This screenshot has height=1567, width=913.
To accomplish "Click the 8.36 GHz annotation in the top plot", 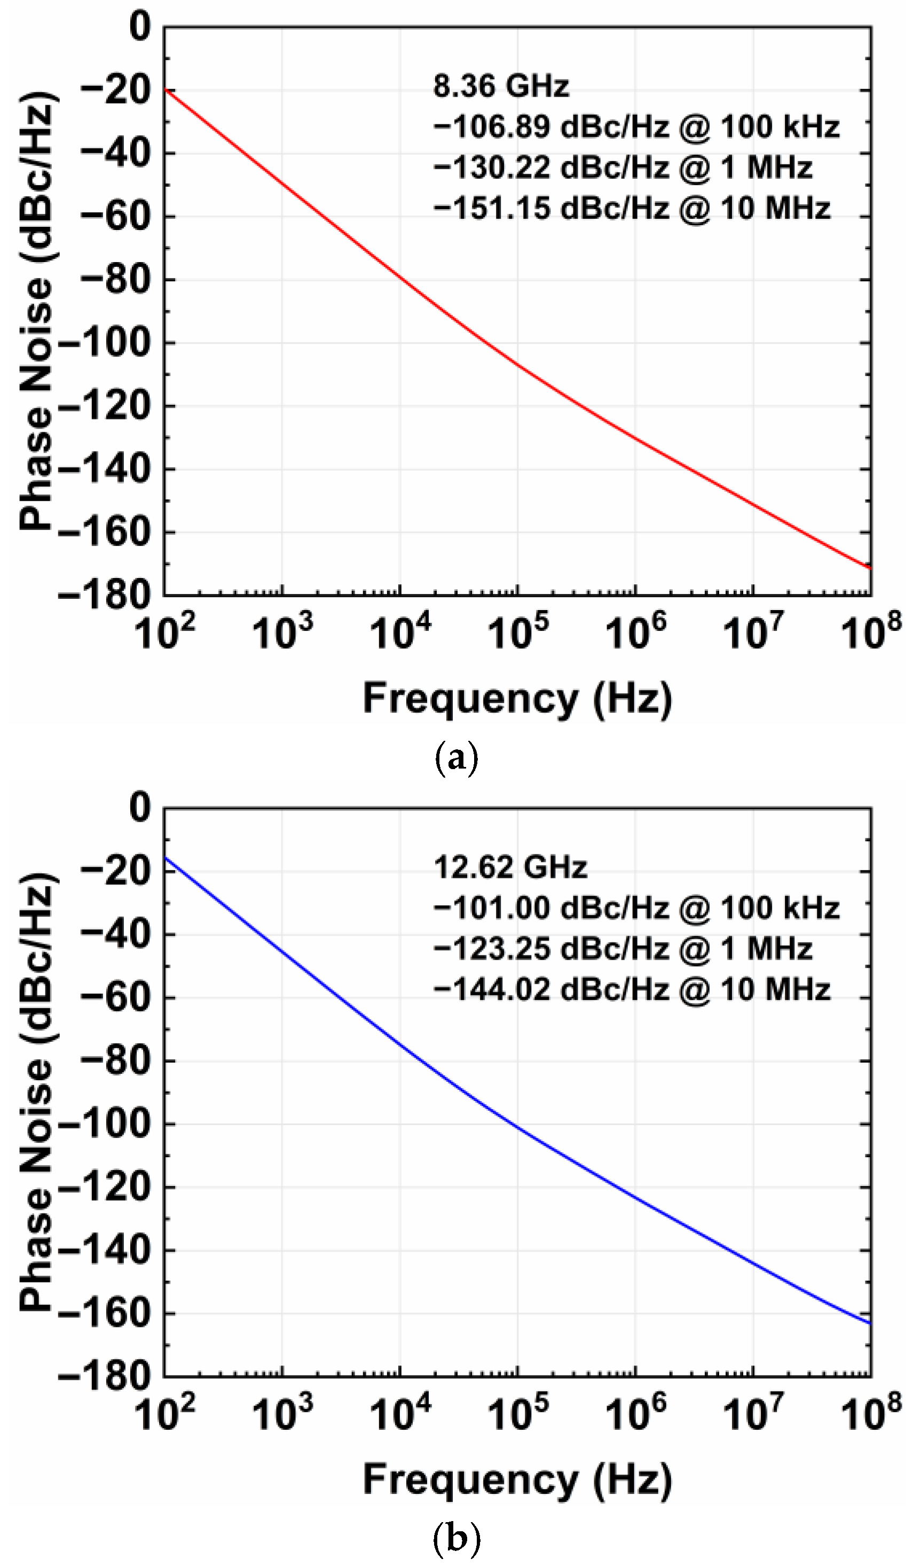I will click(x=501, y=86).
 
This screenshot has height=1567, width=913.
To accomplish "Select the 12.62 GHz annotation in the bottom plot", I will click(x=510, y=867).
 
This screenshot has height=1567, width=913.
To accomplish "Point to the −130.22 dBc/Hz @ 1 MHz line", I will click(x=623, y=168).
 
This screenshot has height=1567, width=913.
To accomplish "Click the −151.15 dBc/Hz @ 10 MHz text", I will click(x=631, y=208).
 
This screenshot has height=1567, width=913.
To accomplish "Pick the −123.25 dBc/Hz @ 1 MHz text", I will click(x=623, y=949).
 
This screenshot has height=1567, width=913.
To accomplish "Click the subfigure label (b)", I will click(x=456, y=1540).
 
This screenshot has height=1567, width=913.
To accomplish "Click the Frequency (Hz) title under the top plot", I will click(x=517, y=698).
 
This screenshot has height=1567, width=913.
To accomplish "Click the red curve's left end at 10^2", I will click(x=166, y=90).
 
